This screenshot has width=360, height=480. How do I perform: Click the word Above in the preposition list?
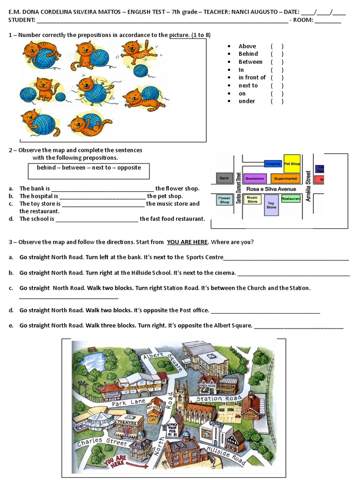coord(247,46)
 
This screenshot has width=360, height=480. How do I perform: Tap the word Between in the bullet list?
coord(250,62)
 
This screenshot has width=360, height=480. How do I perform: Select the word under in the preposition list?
coord(247,101)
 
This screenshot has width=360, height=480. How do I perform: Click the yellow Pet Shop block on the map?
coord(292,164)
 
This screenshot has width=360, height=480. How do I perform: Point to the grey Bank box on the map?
coord(225,179)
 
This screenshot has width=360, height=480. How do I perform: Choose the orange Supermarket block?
coord(285,179)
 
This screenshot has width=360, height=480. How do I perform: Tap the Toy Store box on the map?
coord(271,205)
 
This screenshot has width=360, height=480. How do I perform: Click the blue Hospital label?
coord(273,164)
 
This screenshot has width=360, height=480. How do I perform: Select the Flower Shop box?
coord(225,200)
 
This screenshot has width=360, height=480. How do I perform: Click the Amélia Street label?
coord(308,186)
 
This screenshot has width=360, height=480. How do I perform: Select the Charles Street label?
coord(102,442)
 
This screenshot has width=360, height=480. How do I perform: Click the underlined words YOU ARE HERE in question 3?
coord(187,242)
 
